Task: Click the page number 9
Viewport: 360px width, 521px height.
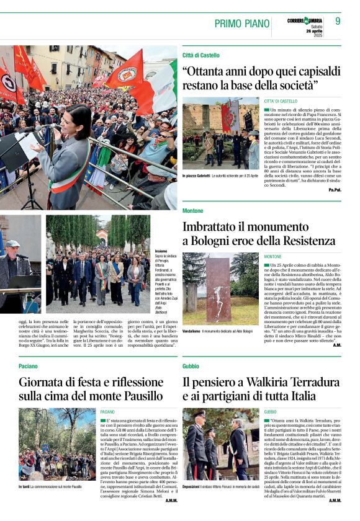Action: [338, 21]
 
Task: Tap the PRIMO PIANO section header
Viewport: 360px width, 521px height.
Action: [242, 24]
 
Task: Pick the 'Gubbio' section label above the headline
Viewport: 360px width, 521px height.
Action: [191, 367]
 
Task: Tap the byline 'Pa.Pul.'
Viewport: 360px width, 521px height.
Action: [335, 190]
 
